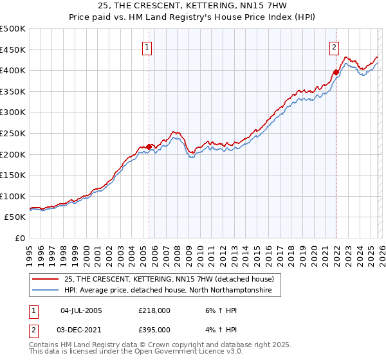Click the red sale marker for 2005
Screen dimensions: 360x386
point(149,147)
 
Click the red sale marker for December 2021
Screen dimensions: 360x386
point(336,73)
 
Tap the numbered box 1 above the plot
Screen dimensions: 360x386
point(148,46)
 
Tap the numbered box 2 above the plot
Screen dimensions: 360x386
point(335,46)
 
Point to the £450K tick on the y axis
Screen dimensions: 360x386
point(13,50)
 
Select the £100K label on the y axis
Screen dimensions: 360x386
point(13,196)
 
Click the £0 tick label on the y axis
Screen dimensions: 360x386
point(20,238)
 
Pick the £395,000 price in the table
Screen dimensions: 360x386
point(154,329)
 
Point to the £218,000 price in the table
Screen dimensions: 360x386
point(154,310)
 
